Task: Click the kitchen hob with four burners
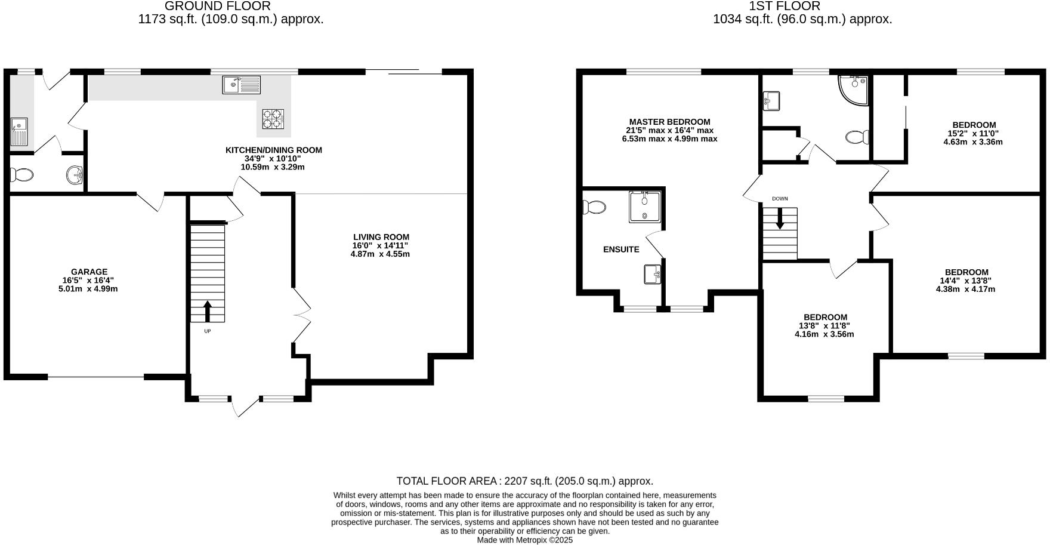tap(273, 118)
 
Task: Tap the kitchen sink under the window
tap(242, 85)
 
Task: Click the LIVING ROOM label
tap(381, 237)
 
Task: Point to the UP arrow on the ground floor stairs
tap(208, 310)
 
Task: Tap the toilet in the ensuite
tap(594, 207)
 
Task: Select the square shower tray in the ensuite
tap(645, 207)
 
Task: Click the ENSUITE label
tap(621, 250)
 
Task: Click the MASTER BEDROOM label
tap(669, 122)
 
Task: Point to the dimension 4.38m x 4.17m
tap(965, 289)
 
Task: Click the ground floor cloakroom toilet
tap(21, 175)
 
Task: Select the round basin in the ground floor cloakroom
tap(75, 175)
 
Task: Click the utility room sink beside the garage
tap(19, 132)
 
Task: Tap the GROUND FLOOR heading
tap(217, 6)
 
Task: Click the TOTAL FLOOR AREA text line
tap(524, 481)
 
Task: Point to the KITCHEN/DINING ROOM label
tap(273, 150)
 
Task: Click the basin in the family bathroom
tap(771, 101)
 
